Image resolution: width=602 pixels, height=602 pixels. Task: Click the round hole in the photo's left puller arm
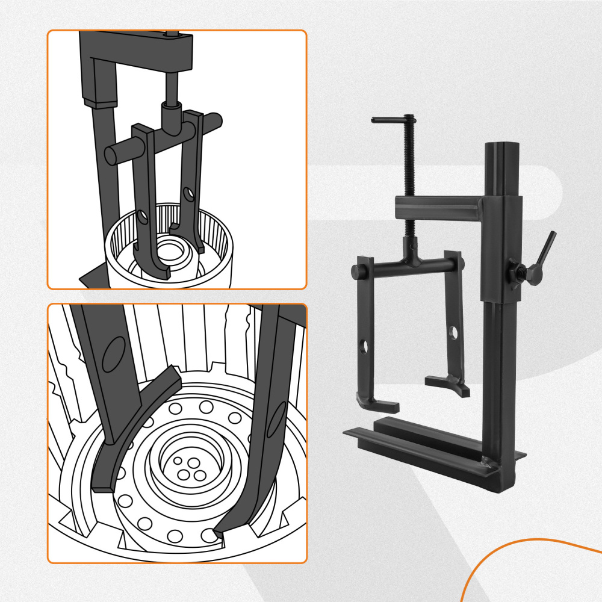(x=364, y=347)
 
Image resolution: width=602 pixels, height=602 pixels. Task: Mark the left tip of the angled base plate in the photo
(x=348, y=432)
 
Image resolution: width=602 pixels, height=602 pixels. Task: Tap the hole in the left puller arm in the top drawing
(x=143, y=217)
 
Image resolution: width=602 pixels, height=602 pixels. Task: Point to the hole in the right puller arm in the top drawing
(x=189, y=194)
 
